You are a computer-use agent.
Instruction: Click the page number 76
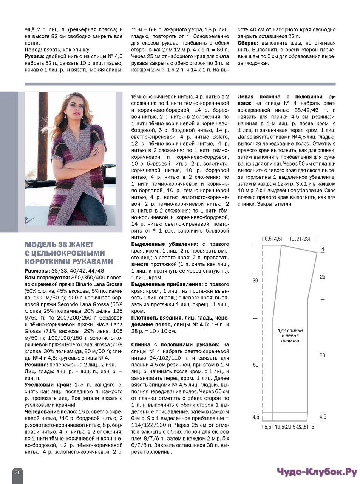click(18, 472)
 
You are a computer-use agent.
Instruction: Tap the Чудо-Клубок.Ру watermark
click(317, 472)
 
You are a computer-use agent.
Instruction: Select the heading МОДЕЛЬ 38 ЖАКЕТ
click(59, 245)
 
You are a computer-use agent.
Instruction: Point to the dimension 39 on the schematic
click(255, 281)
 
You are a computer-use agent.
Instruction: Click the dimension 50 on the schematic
click(256, 365)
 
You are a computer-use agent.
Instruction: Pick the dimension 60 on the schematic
click(322, 355)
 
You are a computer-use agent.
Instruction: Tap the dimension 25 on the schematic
click(322, 277)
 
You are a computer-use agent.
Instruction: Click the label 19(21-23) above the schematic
click(300, 239)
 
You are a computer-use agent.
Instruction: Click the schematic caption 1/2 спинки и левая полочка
click(290, 335)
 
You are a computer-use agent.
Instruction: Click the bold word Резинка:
click(36, 365)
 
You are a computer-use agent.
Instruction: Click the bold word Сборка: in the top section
click(249, 43)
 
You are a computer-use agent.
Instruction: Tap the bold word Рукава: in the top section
click(35, 57)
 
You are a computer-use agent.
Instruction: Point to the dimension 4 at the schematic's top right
click(323, 250)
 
